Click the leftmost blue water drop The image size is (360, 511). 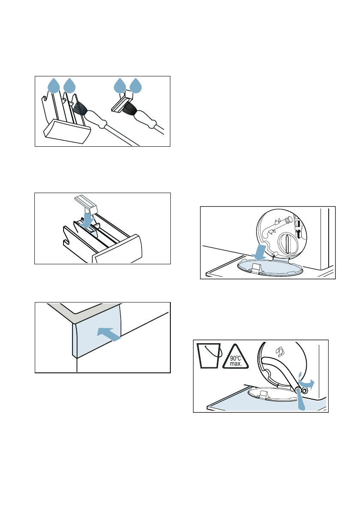point(54,86)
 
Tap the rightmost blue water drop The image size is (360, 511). point(136,86)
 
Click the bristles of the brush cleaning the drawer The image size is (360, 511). point(80,108)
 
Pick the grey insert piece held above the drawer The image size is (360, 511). point(86,204)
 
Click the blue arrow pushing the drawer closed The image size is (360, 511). point(109,334)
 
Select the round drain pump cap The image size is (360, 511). point(287,243)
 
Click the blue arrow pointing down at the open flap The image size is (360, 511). point(261,253)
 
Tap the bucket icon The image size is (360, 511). point(209,356)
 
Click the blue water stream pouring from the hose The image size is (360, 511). point(301,401)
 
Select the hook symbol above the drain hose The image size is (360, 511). point(279,352)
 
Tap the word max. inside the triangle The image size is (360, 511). point(236,364)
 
